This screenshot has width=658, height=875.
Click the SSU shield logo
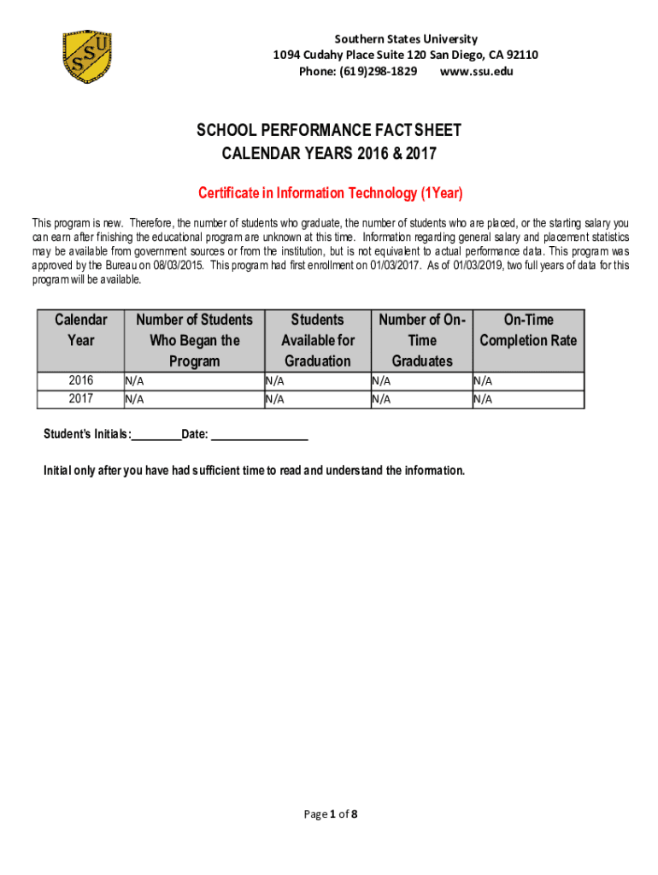(86, 57)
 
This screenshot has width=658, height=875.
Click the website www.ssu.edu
(476, 72)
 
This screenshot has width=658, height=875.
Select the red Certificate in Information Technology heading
(330, 193)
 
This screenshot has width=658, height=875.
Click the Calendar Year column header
(81, 330)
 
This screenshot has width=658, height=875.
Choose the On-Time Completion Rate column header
(528, 330)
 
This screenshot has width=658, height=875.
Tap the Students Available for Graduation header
(318, 340)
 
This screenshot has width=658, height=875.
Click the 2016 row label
(81, 380)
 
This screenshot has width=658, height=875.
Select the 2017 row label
(81, 398)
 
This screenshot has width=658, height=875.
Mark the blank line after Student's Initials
(156, 437)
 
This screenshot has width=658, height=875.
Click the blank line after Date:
(259, 437)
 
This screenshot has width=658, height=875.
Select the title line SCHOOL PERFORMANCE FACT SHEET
(330, 131)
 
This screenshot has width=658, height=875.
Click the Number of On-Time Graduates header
(422, 340)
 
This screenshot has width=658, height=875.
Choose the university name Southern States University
(406, 39)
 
